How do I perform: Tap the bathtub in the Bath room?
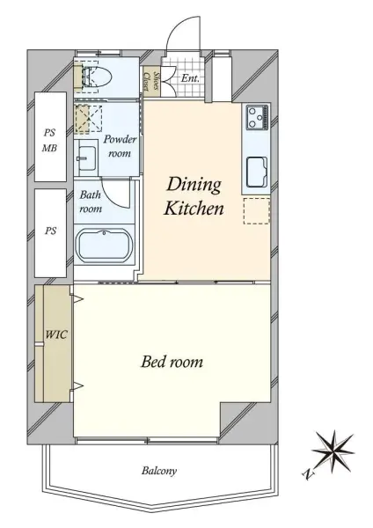105,246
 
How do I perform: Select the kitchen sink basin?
257,172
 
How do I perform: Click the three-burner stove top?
258,117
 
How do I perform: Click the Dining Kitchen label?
194,196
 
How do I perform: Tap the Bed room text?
172,362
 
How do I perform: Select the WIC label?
56,334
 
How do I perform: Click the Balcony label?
159,471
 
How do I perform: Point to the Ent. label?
190,78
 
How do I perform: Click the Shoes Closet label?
151,81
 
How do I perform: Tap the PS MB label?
49,140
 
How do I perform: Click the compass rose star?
333,451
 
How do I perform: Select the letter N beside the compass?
307,474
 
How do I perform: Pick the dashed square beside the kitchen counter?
257,211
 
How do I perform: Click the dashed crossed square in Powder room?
88,119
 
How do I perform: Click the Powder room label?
120,146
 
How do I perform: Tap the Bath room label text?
91,202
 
